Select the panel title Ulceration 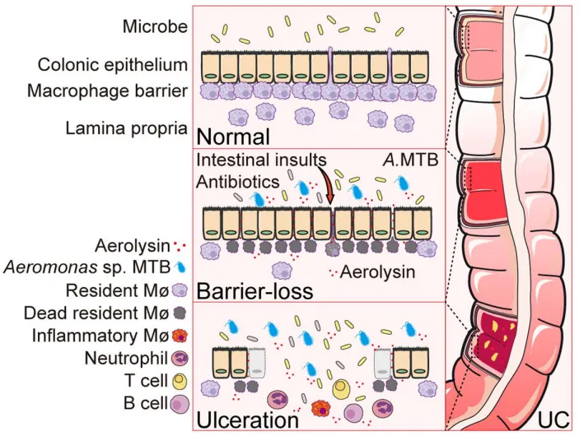(x=245, y=420)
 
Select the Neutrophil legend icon (x=180, y=358)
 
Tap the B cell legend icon (x=180, y=403)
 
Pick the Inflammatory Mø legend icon (x=180, y=336)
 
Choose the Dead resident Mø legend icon (x=180, y=313)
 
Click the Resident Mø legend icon (x=180, y=290)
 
